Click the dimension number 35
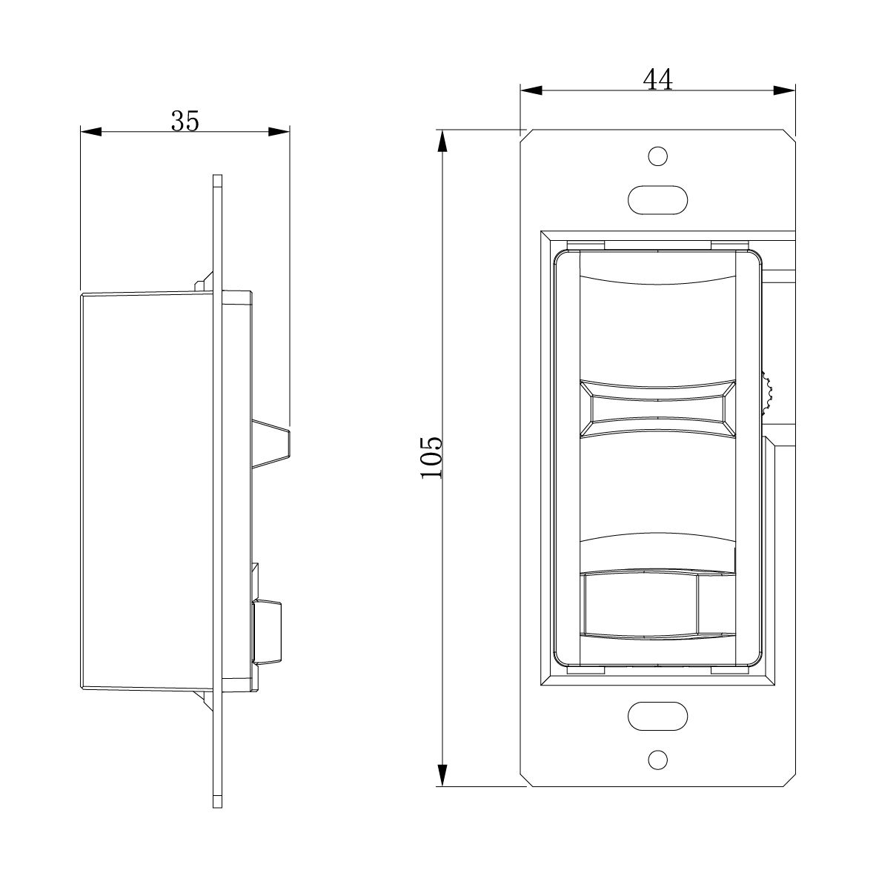coord(185,121)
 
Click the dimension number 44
coord(657,79)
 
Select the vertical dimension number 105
coord(431,457)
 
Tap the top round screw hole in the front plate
coord(657,156)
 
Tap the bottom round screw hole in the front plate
coord(657,759)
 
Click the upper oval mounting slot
coord(657,199)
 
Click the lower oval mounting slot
coord(657,716)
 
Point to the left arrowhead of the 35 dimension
coord(91,132)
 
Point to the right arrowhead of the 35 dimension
coord(279,132)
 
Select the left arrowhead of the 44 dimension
coord(531,90)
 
